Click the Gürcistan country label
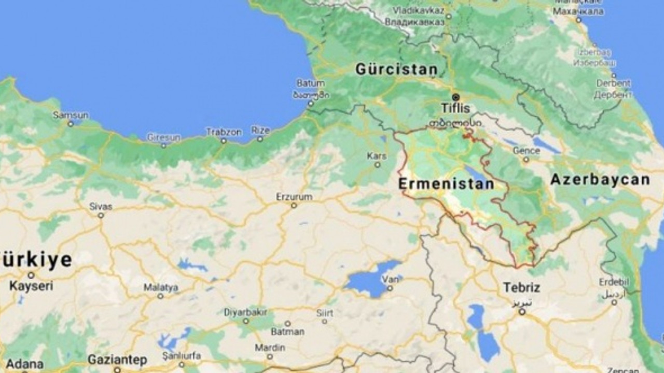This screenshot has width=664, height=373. pos(396,69)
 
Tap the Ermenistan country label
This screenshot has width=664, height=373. pos(446,183)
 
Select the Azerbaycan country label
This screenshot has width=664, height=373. pos(600,180)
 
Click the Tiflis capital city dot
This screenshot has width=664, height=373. pos(455,97)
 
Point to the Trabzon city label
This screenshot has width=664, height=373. pos(224,132)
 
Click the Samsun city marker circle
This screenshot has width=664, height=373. pos(71,124)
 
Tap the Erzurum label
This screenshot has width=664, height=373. pos(294,197)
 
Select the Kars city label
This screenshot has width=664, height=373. pos(377,156)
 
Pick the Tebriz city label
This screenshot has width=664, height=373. pos(521,288)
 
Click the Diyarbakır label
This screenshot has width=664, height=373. pos(245,312)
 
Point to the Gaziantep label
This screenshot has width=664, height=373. pos(117,359)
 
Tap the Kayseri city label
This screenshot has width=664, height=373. pos(31,286)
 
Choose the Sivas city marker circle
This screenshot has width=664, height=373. pos(101,215)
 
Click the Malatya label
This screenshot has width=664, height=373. pos(161,287)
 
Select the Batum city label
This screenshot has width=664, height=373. pos(311,83)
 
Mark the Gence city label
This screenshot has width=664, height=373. pos(526,151)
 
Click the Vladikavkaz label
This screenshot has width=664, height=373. pos(419,10)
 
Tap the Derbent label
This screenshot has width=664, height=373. pos(614,83)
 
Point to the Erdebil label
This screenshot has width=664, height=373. pos(614,282)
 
